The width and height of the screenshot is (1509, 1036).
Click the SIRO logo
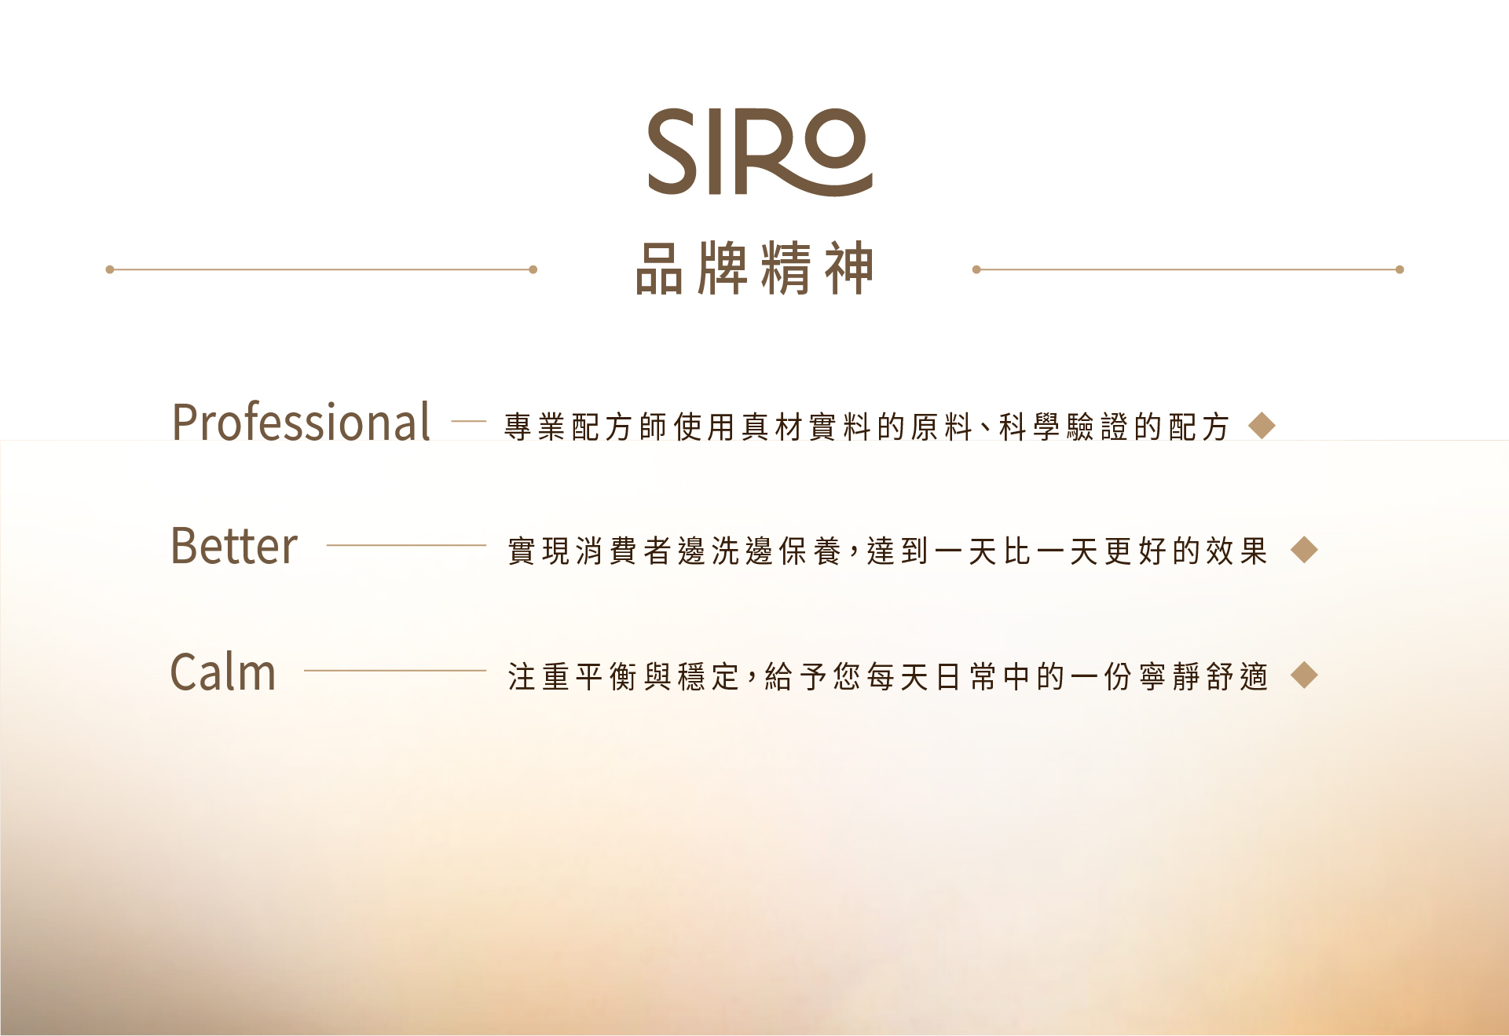(760, 152)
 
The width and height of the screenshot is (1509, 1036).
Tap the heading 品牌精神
(754, 269)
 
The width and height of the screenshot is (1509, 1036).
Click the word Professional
(301, 423)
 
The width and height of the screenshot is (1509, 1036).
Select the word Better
(234, 546)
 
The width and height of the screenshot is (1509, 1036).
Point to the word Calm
(223, 672)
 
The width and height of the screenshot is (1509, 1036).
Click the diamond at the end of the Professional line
(1262, 426)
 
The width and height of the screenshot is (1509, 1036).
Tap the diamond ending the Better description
(1304, 550)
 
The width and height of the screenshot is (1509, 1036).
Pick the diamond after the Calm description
(1304, 675)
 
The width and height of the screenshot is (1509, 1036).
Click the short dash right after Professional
(469, 422)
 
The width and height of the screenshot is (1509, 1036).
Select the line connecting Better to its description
(406, 545)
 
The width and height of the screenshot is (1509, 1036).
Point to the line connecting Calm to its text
(395, 670)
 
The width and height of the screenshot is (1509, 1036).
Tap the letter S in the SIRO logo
(672, 152)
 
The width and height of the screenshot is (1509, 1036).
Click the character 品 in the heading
(659, 269)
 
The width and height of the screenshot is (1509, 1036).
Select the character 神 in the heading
(849, 269)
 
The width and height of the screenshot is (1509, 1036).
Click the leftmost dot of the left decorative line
(110, 269)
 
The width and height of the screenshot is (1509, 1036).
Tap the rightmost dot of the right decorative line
(1400, 269)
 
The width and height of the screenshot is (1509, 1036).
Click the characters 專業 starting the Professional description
(535, 426)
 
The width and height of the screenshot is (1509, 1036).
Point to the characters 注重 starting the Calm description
(539, 675)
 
